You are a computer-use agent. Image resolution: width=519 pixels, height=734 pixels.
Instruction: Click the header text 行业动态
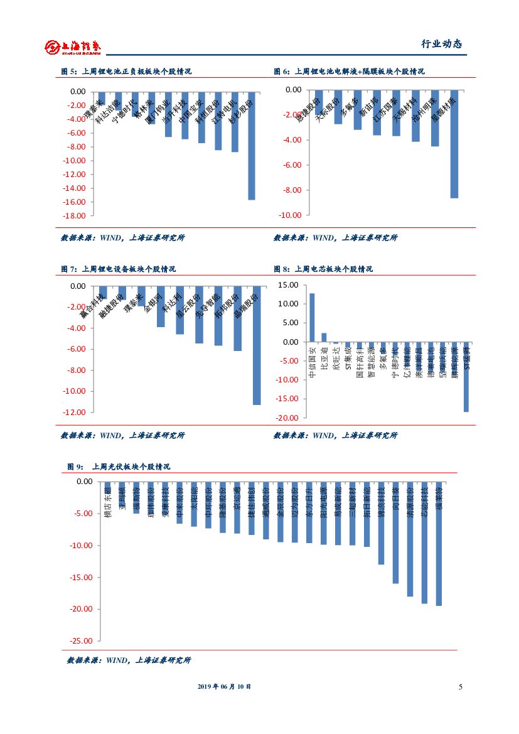[441, 44]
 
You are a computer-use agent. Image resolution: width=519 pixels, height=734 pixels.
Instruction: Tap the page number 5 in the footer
[460, 686]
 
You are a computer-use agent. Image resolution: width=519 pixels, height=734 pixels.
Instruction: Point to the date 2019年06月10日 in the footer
[224, 687]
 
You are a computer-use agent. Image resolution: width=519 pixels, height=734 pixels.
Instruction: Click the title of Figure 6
[349, 72]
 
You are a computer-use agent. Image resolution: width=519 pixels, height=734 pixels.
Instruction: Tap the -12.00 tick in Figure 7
[74, 413]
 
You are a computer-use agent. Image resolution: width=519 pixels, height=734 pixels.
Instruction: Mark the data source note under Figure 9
[129, 661]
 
